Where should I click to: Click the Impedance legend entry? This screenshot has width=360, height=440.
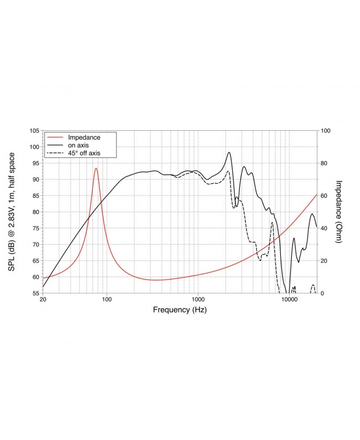coord(83,137)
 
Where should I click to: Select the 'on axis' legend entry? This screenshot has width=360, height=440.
coord(78,145)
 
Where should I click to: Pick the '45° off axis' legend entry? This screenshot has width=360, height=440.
coord(84,152)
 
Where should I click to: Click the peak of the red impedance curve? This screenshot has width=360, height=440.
coord(96,168)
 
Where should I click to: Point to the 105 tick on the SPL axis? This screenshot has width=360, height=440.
coord(34,131)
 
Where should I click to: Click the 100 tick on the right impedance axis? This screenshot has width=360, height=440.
coord(326,131)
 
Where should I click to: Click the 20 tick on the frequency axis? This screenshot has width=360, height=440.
coord(43,300)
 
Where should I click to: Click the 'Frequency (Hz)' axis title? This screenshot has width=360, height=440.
coord(179,310)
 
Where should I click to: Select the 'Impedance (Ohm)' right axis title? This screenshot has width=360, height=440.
coord(338,212)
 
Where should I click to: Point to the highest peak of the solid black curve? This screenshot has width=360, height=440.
coord(229,152)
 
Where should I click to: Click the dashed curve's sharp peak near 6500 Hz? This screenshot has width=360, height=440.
coord(272,222)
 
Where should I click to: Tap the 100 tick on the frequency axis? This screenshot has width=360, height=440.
coord(107,300)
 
